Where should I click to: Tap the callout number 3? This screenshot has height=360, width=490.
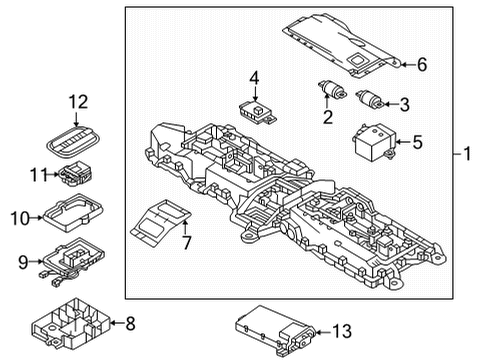point(405,104)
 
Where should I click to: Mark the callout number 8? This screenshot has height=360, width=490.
point(131,322)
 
